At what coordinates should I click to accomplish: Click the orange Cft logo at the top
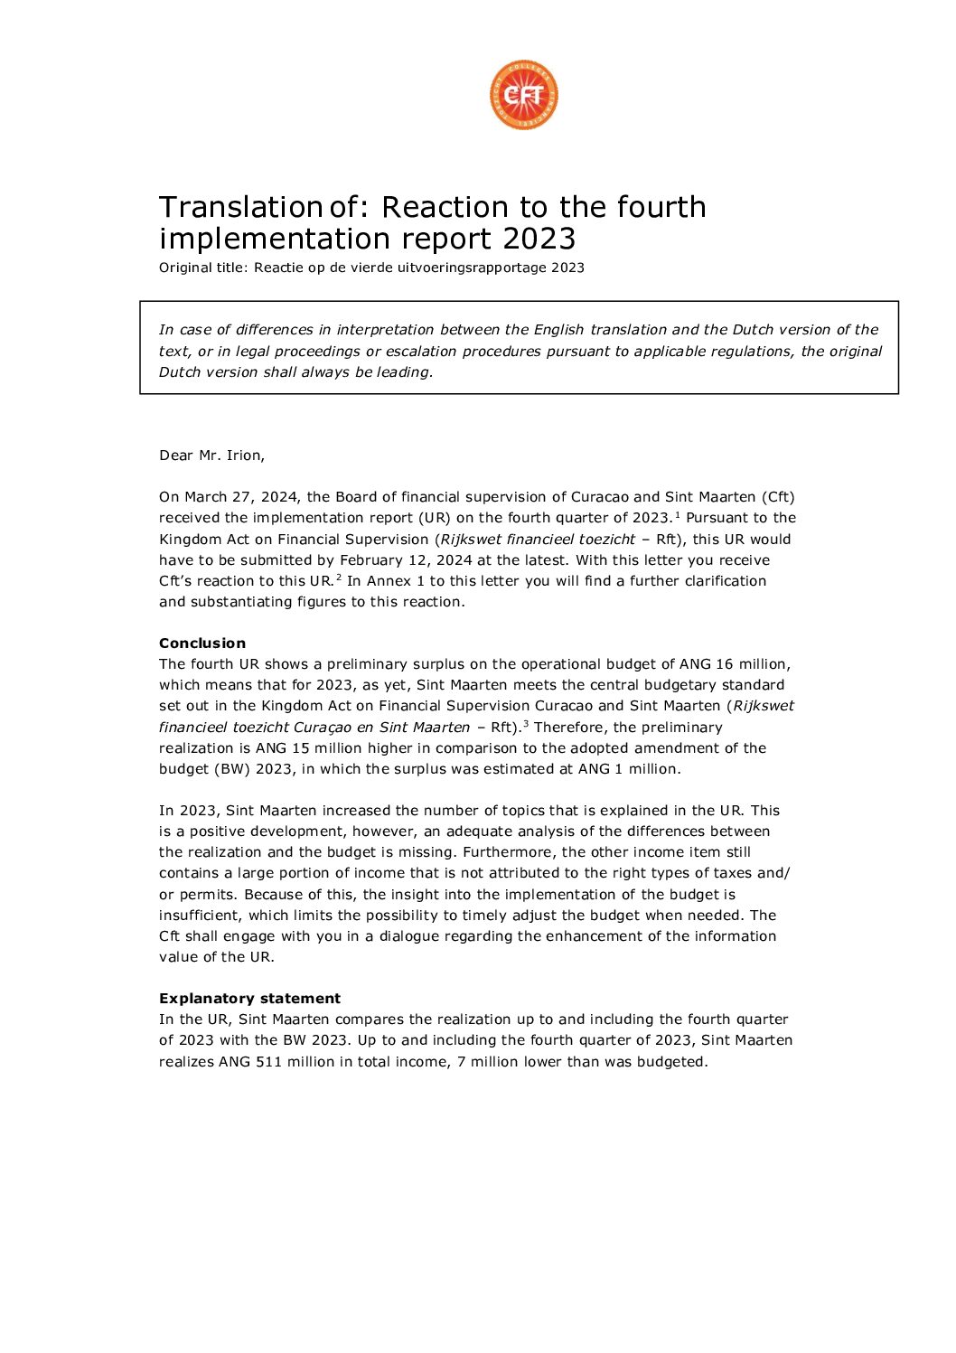click(x=524, y=95)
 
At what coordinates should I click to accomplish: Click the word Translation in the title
click(x=240, y=207)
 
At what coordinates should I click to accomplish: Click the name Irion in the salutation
click(x=244, y=456)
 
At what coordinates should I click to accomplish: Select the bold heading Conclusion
click(x=202, y=644)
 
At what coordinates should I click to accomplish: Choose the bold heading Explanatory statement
click(x=249, y=999)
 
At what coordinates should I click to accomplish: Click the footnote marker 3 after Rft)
click(x=526, y=724)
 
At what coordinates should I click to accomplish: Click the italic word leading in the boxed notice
click(x=402, y=372)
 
